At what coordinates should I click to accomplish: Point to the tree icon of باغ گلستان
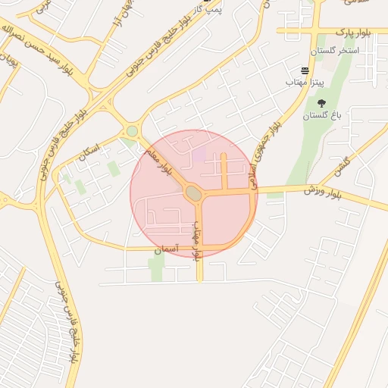[x=321, y=103]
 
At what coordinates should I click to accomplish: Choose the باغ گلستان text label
[x=323, y=116]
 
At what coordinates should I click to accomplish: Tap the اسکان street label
[x=89, y=151]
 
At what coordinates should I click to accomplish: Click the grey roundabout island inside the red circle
[x=194, y=194]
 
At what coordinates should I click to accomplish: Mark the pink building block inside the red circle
[x=199, y=155]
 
